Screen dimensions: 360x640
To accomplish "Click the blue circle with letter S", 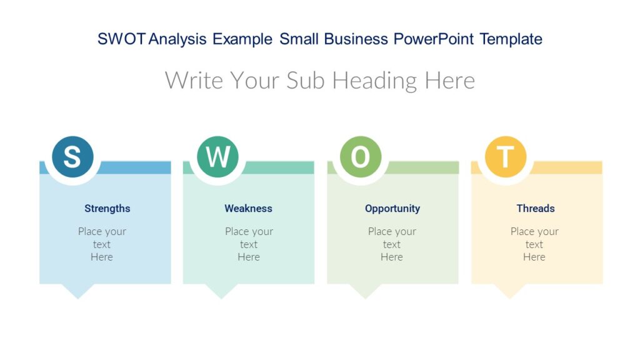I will [72, 157].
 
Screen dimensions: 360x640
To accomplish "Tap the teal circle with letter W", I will [217, 157].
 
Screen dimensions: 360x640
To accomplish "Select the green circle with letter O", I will [361, 157].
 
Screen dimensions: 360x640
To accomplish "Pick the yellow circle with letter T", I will [505, 157].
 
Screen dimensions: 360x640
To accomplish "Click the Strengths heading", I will [107, 209].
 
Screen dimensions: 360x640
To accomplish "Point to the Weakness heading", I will [248, 209].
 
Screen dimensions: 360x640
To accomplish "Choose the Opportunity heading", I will [392, 209].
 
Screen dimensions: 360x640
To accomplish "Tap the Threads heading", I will [536, 209].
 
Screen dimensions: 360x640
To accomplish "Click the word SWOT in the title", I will [122, 39].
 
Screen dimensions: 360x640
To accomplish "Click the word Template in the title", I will [511, 39].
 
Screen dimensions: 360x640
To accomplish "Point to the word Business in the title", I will [356, 39].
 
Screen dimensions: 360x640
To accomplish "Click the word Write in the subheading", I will [194, 81].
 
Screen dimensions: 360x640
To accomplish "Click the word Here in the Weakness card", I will [249, 257].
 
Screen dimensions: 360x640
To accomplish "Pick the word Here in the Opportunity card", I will [392, 257].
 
